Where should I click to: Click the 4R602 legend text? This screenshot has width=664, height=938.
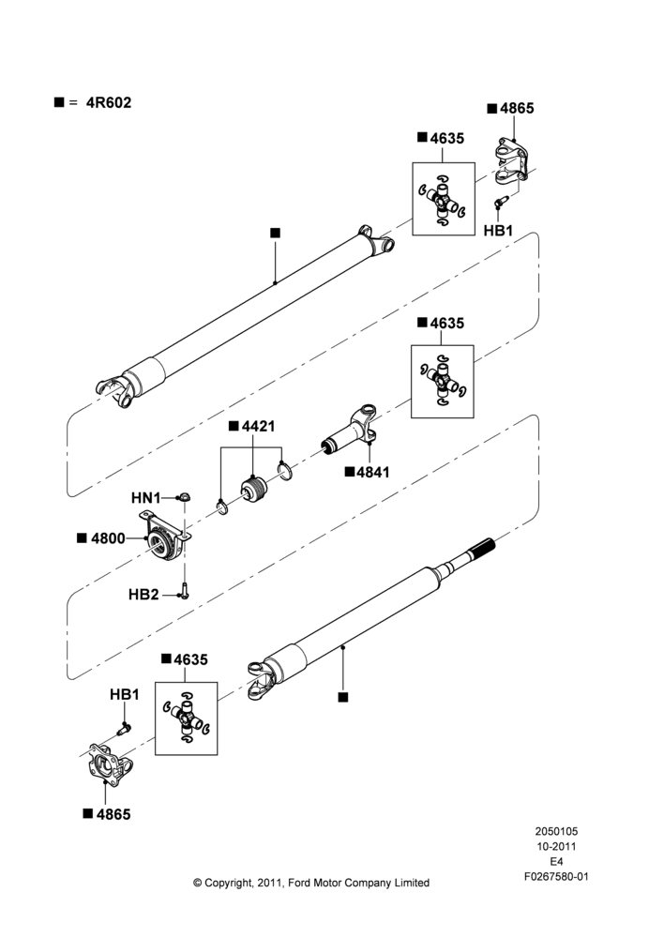click(109, 102)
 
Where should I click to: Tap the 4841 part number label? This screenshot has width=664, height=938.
click(372, 472)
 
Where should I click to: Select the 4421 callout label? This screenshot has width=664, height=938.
click(259, 426)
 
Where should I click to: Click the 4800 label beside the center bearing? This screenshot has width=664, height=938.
click(108, 538)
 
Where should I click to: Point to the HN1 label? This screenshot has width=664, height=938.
click(146, 498)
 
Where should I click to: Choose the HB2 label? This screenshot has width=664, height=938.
click(143, 595)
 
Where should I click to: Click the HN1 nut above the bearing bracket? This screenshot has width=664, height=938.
click(184, 496)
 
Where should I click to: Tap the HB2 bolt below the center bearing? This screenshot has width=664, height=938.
click(184, 590)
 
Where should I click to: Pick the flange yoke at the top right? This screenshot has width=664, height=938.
click(510, 159)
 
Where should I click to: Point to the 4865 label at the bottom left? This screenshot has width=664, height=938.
click(113, 814)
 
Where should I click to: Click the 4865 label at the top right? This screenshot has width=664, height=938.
click(517, 108)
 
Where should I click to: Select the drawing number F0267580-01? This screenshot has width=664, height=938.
click(556, 876)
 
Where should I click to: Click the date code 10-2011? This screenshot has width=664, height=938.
click(556, 846)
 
